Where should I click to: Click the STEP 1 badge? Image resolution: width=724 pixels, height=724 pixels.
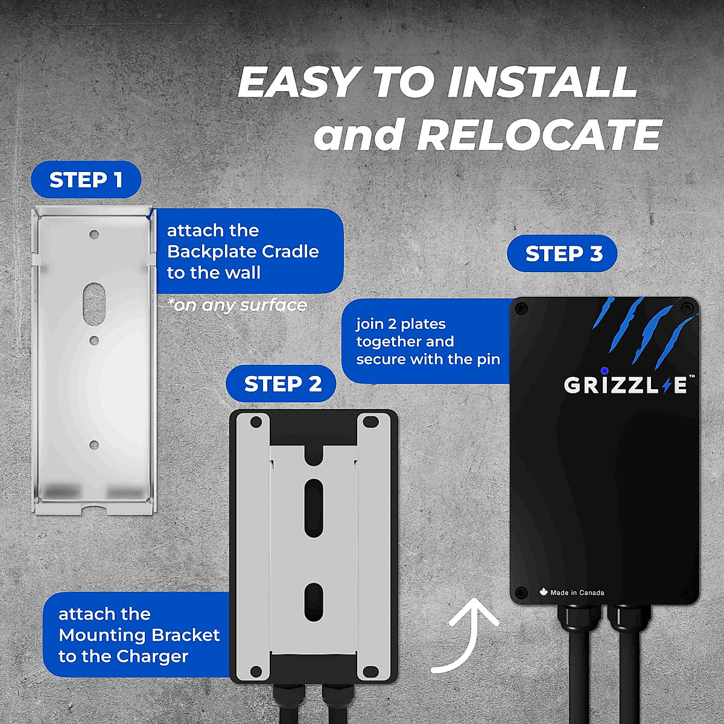[x=86, y=180]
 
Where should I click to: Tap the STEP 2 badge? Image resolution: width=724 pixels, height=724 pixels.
[x=282, y=384]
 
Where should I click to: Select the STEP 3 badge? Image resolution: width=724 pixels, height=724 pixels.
[x=564, y=253]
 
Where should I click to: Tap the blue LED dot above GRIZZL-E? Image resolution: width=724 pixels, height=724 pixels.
[x=605, y=370]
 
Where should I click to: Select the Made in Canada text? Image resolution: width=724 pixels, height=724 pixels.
[x=577, y=592]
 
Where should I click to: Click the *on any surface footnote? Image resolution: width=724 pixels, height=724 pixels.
[x=238, y=305]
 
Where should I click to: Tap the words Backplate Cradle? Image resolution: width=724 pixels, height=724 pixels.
[x=243, y=252]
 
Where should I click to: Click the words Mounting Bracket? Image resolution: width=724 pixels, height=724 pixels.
[x=139, y=635]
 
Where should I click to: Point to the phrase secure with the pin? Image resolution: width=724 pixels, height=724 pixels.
[x=428, y=360]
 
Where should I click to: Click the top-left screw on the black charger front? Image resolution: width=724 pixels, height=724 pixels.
[x=522, y=308]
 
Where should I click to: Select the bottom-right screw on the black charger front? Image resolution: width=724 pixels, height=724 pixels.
[x=685, y=592]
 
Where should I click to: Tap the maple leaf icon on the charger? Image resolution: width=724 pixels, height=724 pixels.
[x=543, y=592]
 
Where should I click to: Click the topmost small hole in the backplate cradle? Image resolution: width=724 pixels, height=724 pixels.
[x=94, y=233]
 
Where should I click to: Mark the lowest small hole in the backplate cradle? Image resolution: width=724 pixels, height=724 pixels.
[x=94, y=445]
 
